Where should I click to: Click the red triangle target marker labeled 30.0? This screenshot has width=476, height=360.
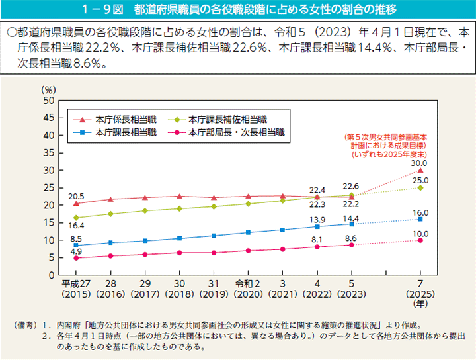420,171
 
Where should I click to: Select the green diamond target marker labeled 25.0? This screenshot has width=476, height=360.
420,188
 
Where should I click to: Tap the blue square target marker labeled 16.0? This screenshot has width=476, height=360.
420,219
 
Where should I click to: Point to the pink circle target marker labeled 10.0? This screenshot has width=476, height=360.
420,240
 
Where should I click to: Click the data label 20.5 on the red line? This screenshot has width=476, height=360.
76,196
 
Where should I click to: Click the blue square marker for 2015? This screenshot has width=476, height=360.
76,246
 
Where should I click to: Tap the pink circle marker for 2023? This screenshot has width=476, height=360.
352,245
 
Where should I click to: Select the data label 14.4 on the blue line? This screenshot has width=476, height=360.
351,218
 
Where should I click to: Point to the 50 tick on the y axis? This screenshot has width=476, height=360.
48,101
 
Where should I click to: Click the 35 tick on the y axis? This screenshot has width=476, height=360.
48,153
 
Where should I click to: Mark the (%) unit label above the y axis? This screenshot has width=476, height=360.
48,89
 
